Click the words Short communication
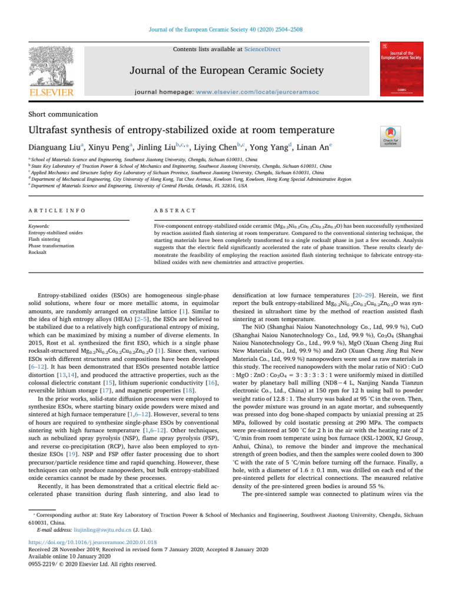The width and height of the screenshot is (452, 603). tap(65, 114)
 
